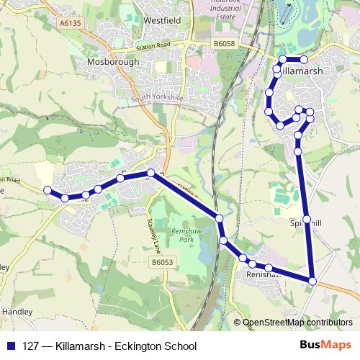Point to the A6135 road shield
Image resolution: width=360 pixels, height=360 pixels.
[71, 23]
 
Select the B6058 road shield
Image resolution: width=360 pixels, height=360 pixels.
[224, 44]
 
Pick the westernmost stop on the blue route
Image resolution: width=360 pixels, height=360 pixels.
[48, 190]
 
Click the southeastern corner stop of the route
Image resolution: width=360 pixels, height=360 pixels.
[312, 280]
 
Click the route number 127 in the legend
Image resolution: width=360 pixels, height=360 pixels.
[32, 346]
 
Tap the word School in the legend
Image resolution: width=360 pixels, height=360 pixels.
[181, 346]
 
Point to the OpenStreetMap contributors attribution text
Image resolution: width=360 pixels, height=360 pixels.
[297, 323]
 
